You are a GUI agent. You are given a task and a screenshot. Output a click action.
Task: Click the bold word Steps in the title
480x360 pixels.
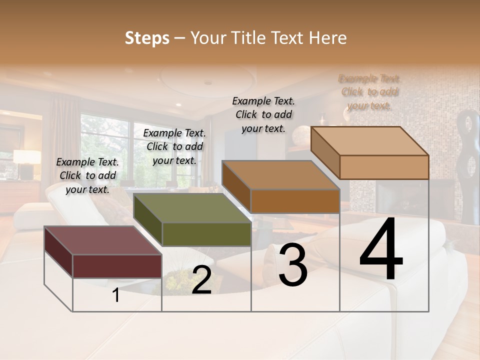click(147, 38)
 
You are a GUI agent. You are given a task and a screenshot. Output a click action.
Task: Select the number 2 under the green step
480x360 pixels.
click(201, 280)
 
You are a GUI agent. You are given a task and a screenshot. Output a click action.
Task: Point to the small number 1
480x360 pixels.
click(116, 295)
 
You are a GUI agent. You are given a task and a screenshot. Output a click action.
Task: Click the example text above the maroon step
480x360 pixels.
click(87, 175)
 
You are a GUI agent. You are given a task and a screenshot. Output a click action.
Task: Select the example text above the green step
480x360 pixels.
click(174, 146)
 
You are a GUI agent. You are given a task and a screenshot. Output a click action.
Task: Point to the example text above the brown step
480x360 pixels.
click(263, 114)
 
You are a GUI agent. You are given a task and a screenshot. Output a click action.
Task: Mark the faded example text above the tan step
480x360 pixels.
click(369, 92)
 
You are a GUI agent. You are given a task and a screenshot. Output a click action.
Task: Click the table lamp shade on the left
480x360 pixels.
click(27, 156)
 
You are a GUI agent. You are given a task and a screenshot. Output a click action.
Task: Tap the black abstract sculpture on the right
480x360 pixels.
click(469, 165)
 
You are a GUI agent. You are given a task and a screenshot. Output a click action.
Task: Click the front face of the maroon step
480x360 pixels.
click(117, 266)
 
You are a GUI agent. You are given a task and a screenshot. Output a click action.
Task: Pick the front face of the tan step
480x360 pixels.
click(384, 167)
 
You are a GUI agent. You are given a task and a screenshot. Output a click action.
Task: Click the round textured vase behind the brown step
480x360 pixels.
click(301, 135)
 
